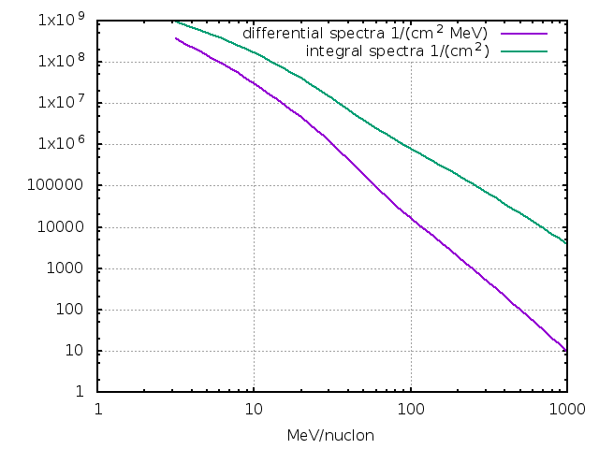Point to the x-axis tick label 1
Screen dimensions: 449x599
98,409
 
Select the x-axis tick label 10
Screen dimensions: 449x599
254,409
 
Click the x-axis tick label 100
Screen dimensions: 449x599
410,409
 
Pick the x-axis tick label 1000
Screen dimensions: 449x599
565,409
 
